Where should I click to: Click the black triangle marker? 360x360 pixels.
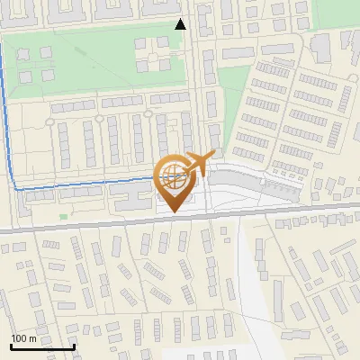click(181, 23)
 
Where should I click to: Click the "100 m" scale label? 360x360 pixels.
click(23, 338)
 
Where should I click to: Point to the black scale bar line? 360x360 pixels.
click(42, 346)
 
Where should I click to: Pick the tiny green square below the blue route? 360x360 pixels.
click(63, 216)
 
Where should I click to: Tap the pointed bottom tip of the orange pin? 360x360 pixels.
click(172, 211)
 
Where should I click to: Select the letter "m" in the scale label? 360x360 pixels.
click(32, 338)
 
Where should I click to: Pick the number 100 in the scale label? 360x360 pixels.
click(19, 338)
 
